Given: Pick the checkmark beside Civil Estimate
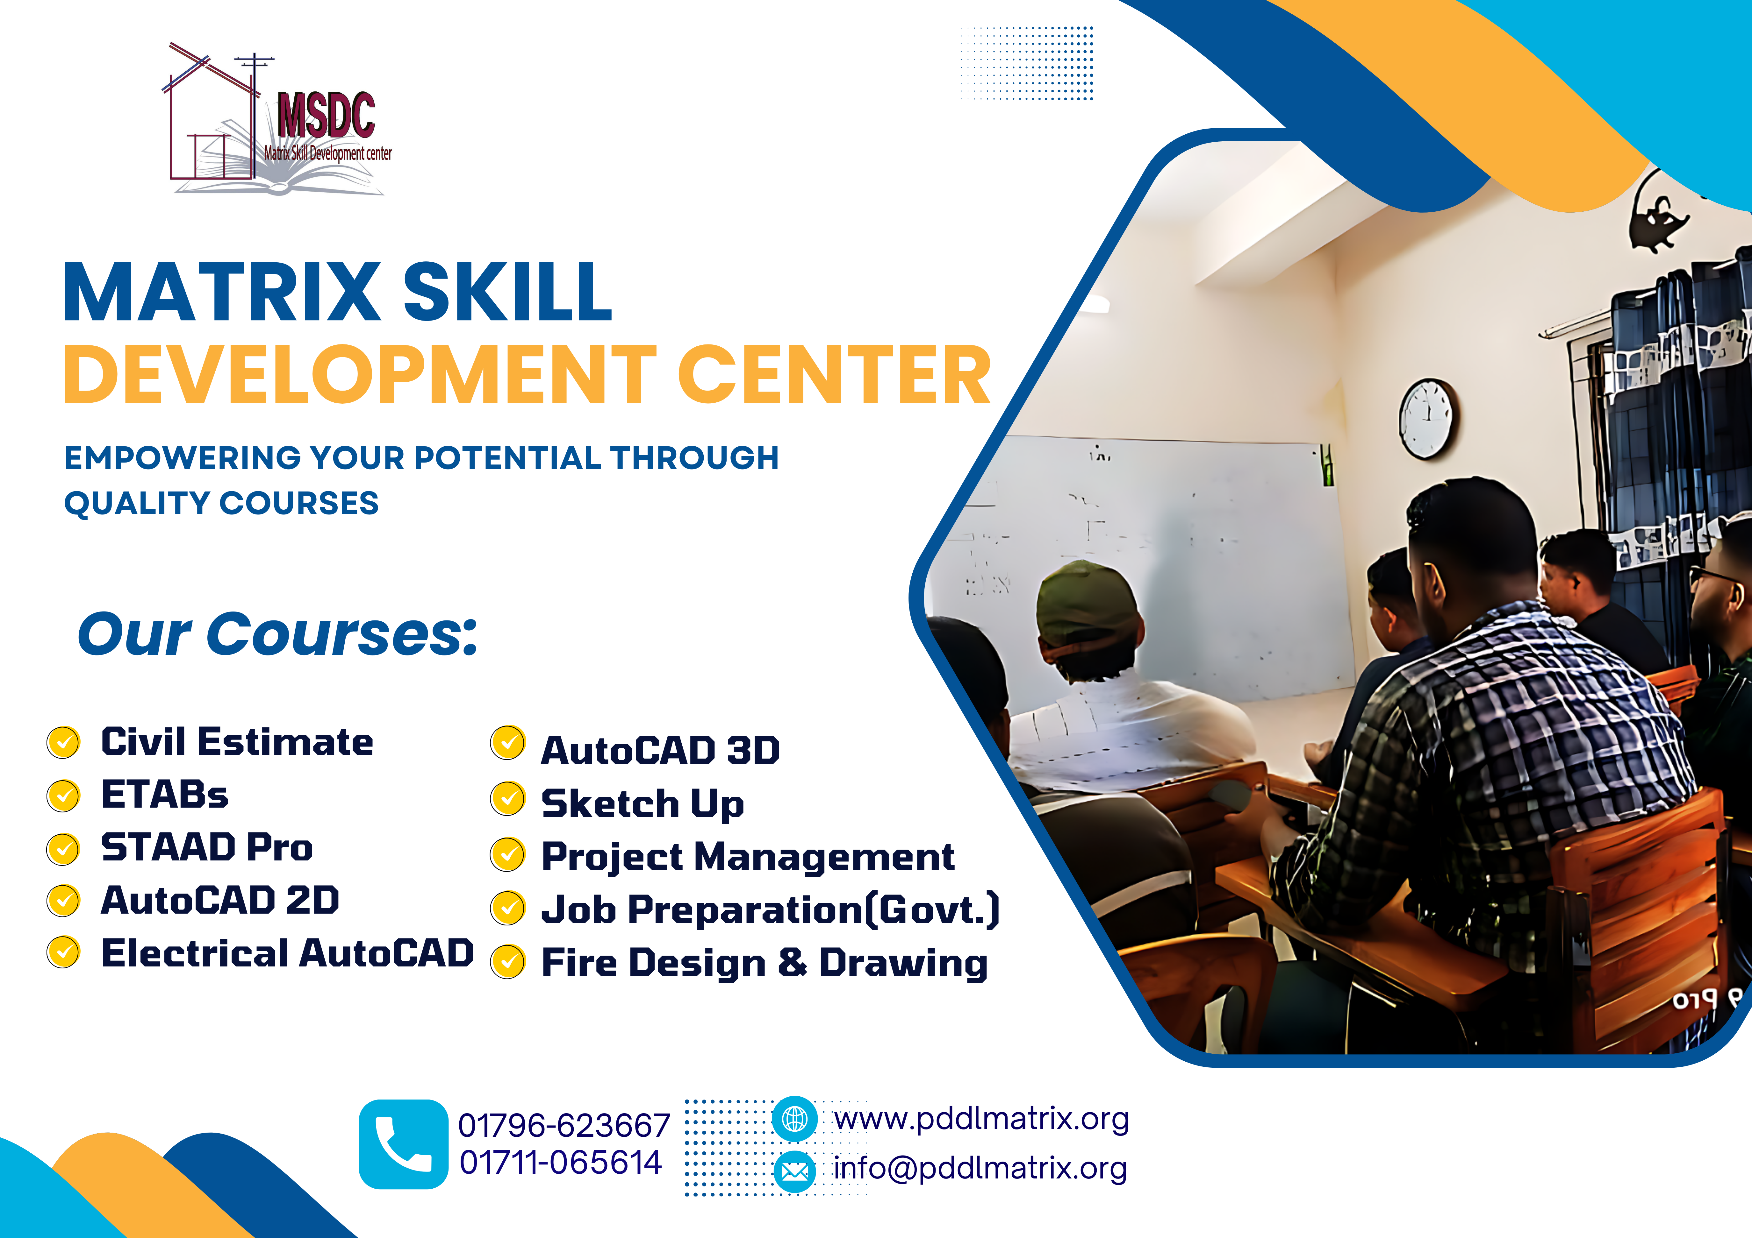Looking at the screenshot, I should (63, 742).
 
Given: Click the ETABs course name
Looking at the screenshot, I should (165, 795).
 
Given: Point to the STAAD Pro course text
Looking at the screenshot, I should (207, 847).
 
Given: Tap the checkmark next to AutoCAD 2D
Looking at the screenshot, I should (63, 901).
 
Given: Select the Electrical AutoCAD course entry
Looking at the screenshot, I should (287, 953).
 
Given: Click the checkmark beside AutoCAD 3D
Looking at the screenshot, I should (507, 743).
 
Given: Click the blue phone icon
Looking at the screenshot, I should (403, 1143).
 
